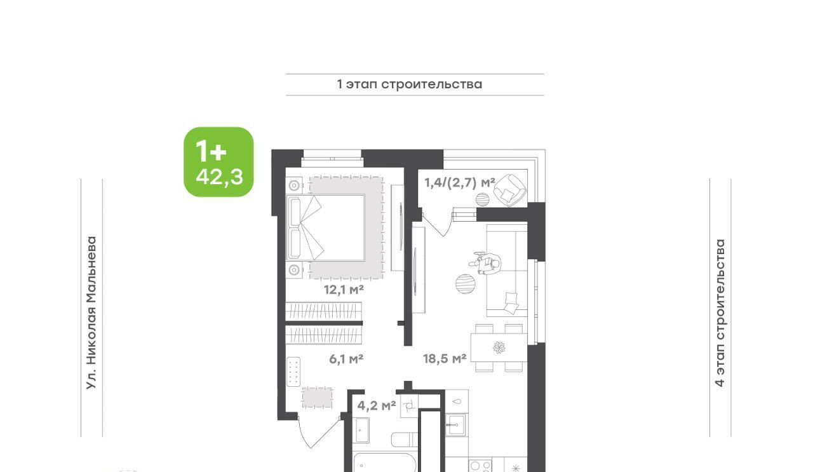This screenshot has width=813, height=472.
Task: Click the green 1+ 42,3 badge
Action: (x=218, y=162)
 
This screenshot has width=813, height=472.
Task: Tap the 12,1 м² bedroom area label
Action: (x=344, y=290)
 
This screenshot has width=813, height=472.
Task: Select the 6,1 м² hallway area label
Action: (x=346, y=359)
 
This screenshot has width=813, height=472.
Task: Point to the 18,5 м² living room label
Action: (x=445, y=359)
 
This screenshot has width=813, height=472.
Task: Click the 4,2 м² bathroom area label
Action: (x=377, y=405)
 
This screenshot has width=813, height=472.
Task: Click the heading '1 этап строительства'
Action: (x=410, y=84)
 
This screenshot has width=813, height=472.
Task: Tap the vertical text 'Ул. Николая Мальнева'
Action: (x=91, y=313)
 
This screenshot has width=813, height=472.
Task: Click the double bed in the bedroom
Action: (x=326, y=228)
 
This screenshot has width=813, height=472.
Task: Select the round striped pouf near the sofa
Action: (x=466, y=284)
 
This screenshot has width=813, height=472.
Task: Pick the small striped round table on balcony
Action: (x=483, y=199)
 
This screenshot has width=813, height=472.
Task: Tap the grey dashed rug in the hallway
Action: (x=317, y=398)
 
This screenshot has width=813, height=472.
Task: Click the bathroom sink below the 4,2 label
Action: (x=362, y=430)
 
